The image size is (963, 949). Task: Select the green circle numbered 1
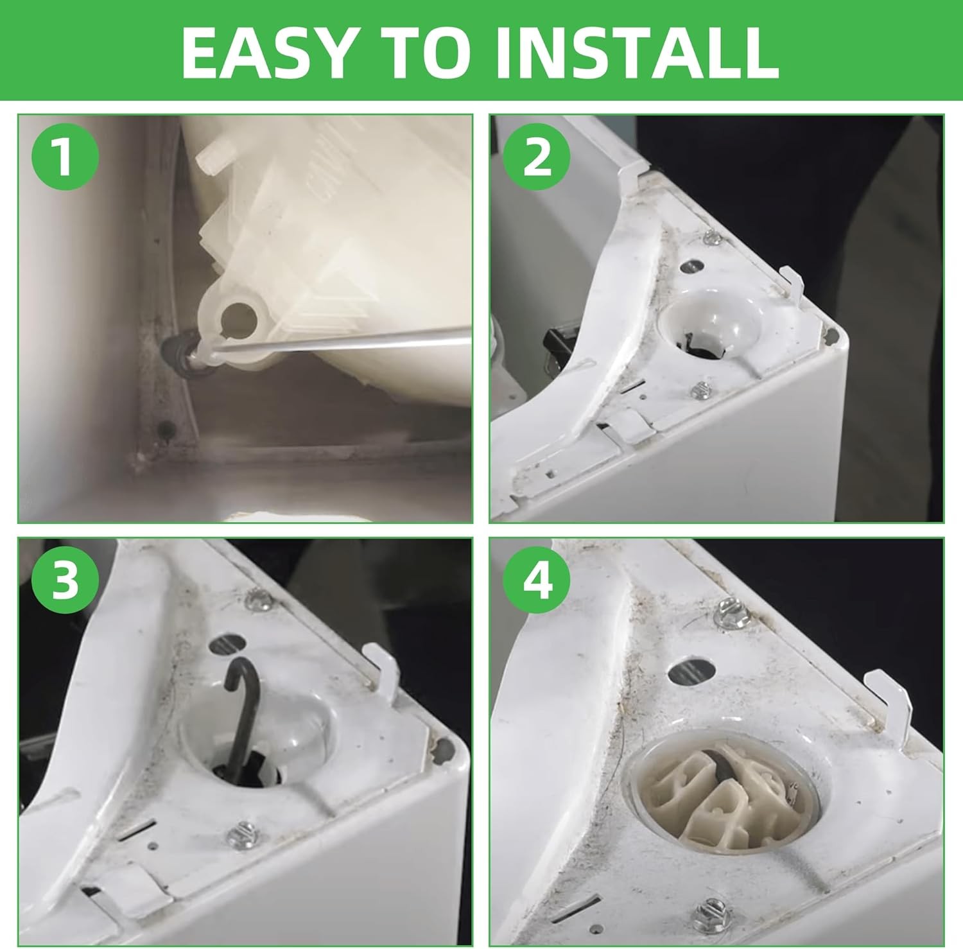[62, 157]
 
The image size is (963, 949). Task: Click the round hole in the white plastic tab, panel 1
[239, 316]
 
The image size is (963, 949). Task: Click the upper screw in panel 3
[258, 602]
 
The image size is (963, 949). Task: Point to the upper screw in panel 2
[711, 239]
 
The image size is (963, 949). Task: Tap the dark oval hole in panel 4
[693, 672]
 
